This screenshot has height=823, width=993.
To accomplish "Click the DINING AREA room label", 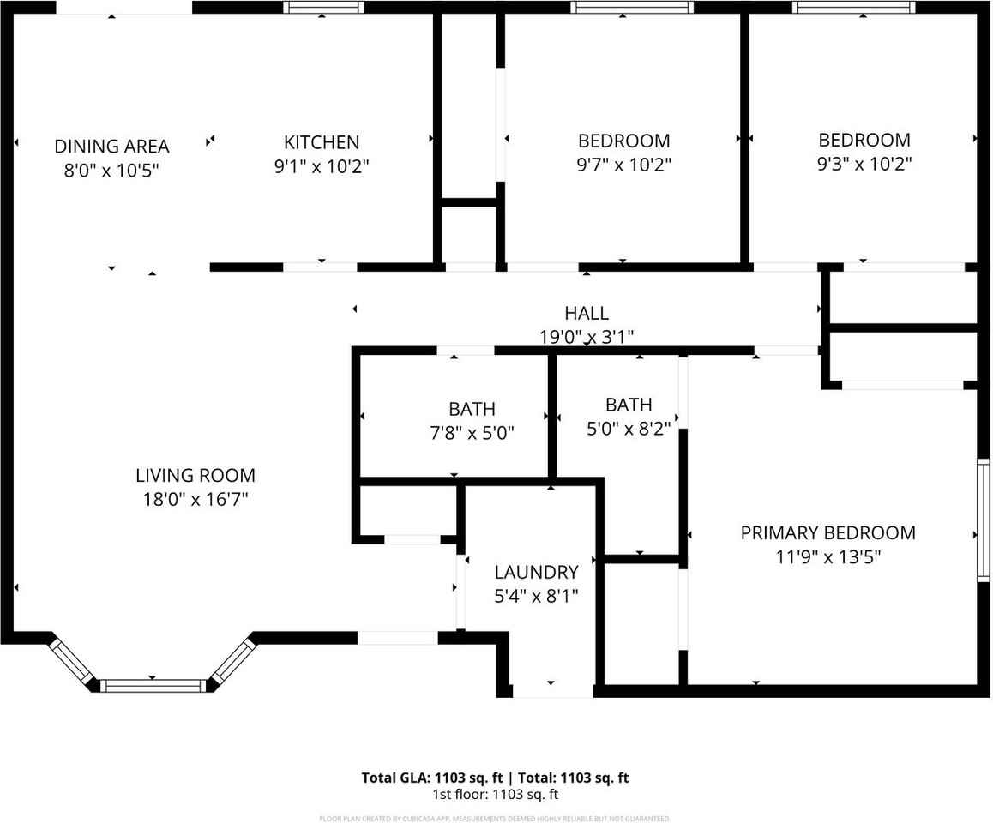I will pyautogui.click(x=111, y=147).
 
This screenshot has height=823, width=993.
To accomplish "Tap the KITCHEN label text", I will pyautogui.click(x=322, y=142).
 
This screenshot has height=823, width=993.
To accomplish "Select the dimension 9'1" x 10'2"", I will pyautogui.click(x=322, y=166).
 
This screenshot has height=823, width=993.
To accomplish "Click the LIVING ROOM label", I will pyautogui.click(x=196, y=475).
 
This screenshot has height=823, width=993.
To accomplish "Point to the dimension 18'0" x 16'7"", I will pyautogui.click(x=196, y=499).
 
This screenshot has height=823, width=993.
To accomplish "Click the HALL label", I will pyautogui.click(x=587, y=314).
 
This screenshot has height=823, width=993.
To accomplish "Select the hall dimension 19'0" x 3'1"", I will pyautogui.click(x=587, y=337).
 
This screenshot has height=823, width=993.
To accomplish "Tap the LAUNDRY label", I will pyautogui.click(x=536, y=572).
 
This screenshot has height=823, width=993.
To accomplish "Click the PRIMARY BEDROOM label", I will pyautogui.click(x=827, y=533).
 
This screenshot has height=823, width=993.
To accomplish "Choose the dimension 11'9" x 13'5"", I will pyautogui.click(x=827, y=557).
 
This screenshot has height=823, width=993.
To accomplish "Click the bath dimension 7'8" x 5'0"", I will pyautogui.click(x=472, y=433).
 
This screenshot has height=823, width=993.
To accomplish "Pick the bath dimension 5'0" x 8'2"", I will pyautogui.click(x=629, y=428).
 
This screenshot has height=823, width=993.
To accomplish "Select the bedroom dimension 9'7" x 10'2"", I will pyautogui.click(x=623, y=165).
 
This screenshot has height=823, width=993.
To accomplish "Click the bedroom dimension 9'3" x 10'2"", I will pyautogui.click(x=864, y=164).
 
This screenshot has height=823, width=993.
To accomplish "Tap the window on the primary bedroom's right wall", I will pyautogui.click(x=984, y=521).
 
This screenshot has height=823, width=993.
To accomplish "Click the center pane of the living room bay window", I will pyautogui.click(x=153, y=685).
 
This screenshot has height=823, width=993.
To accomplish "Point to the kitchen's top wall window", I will pyautogui.click(x=323, y=8).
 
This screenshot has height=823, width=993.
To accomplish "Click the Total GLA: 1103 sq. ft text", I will pyautogui.click(x=433, y=778).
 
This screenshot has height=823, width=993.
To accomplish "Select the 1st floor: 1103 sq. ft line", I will pyautogui.click(x=496, y=795).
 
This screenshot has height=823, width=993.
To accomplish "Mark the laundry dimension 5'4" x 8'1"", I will pyautogui.click(x=536, y=596).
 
